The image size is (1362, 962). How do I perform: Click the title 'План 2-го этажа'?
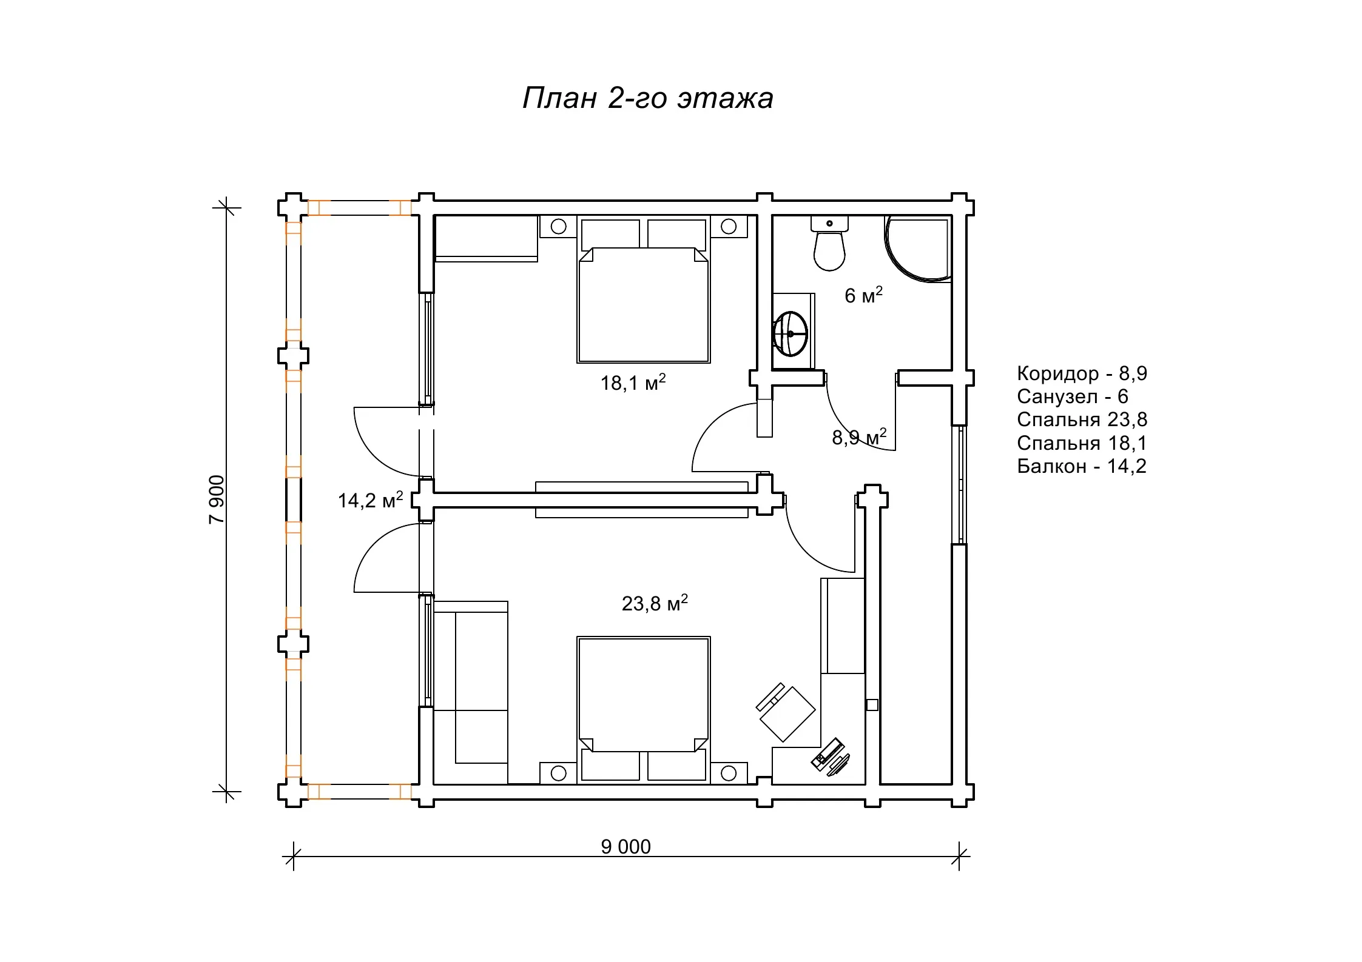click(647, 98)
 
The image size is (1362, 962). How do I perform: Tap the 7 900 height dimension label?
click(217, 499)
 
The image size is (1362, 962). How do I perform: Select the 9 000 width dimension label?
click(625, 846)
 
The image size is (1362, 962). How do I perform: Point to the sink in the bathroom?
click(791, 333)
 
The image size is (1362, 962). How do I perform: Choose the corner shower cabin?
click(917, 249)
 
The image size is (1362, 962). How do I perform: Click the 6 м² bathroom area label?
click(863, 295)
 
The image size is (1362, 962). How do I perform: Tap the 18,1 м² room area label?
click(633, 382)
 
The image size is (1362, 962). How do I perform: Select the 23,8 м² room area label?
click(655, 603)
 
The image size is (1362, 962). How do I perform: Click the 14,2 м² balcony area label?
click(370, 500)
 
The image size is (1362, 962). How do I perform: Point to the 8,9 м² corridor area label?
click(859, 436)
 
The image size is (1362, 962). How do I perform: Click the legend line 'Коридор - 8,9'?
click(1082, 373)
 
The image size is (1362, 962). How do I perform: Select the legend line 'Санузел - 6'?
click(1072, 396)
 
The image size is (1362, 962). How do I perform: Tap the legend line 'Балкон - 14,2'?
click(1081, 466)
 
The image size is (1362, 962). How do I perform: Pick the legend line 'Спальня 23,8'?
click(1082, 419)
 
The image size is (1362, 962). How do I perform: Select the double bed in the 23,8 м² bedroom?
click(644, 710)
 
